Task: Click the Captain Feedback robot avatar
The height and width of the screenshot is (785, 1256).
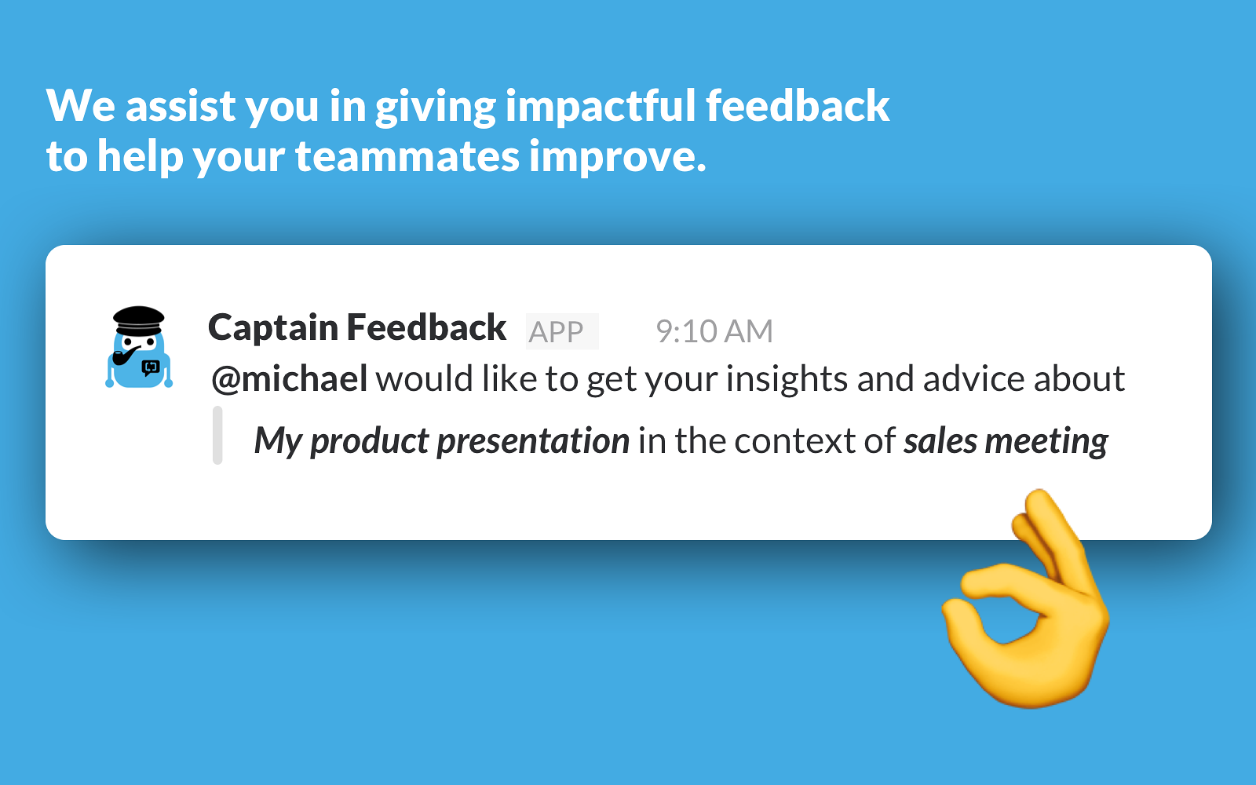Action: tap(139, 347)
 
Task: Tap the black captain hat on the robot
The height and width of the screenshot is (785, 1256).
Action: tap(138, 321)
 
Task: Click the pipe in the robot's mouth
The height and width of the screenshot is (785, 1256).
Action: tap(126, 356)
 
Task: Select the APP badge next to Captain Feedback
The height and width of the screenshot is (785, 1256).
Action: tap(562, 331)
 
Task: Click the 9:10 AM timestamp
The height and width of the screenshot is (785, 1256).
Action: tap(714, 330)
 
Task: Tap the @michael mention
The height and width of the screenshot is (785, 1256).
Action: tap(290, 378)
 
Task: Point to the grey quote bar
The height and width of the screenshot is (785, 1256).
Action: tap(217, 435)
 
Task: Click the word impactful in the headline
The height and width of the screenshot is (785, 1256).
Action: tap(601, 106)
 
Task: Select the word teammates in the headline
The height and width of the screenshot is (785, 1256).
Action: tap(407, 156)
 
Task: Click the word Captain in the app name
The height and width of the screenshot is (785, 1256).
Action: tap(272, 327)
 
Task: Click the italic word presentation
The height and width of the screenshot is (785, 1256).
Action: tap(533, 441)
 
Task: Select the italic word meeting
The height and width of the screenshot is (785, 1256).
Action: tap(1046, 441)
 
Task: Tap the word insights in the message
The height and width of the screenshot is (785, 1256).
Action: tap(787, 379)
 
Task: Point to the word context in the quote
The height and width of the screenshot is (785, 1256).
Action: tap(795, 440)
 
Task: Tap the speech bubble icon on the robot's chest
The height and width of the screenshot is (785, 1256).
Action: tap(150, 368)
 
